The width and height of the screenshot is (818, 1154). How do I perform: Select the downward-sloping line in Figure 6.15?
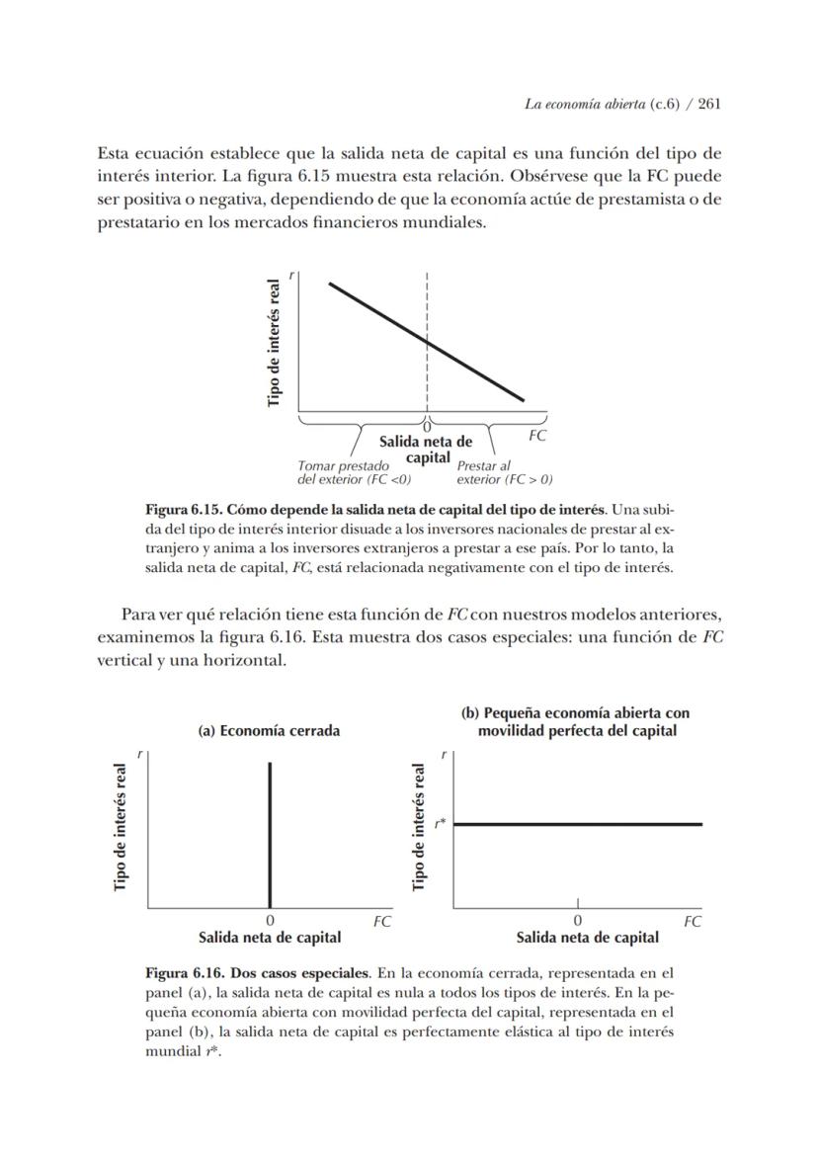427,342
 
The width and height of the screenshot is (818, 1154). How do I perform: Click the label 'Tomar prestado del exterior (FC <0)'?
354,472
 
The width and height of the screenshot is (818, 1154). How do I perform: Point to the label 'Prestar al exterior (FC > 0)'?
504,472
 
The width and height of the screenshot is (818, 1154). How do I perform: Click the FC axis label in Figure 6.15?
536,436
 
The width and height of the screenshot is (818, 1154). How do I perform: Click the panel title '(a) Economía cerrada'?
269,731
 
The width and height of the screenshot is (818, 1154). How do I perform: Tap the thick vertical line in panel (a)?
270,834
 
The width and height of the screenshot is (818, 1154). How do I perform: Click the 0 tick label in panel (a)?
270,921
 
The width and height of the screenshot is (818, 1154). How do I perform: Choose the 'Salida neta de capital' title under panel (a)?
270,937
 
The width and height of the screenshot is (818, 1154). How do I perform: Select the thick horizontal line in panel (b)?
578,823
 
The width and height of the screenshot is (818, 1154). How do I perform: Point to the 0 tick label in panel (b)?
578,921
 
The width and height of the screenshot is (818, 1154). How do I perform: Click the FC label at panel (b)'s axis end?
693,921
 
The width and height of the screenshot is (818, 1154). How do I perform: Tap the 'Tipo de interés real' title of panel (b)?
420,826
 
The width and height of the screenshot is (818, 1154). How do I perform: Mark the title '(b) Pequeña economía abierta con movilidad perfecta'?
577,722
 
